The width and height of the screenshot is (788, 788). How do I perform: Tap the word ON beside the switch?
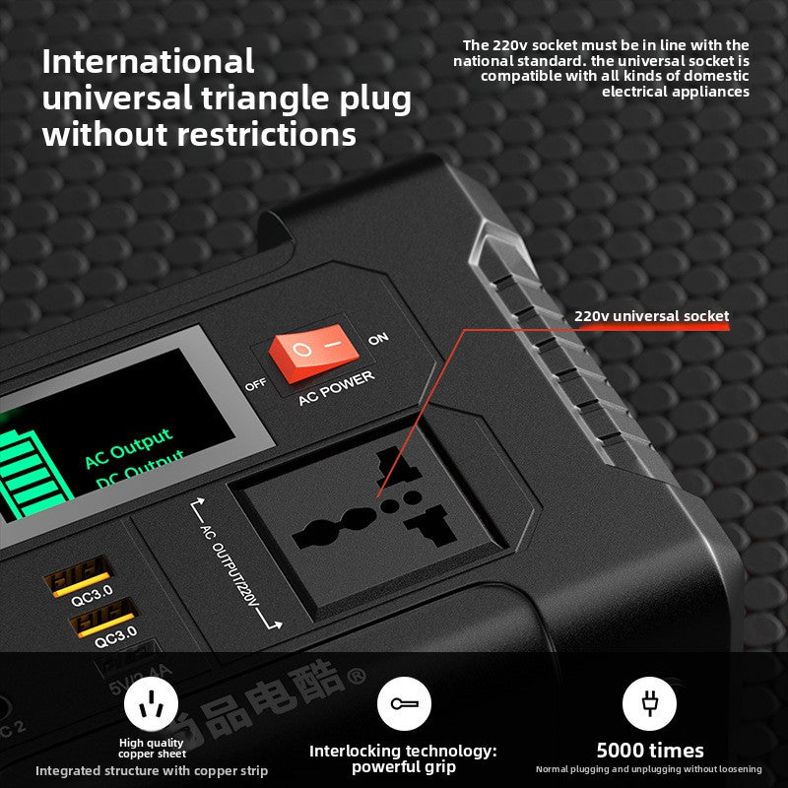[x=378, y=339]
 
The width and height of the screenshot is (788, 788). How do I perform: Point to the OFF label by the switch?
[x=255, y=384]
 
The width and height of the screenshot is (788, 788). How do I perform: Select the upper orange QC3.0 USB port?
[x=76, y=572]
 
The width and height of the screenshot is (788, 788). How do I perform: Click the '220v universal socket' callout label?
[x=651, y=316]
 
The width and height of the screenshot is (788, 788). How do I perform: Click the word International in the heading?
[x=148, y=61]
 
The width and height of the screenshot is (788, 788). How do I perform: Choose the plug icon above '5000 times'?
[x=649, y=702]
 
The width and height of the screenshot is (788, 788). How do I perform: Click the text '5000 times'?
[x=650, y=751]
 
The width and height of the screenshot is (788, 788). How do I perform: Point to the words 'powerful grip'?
[x=403, y=767]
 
